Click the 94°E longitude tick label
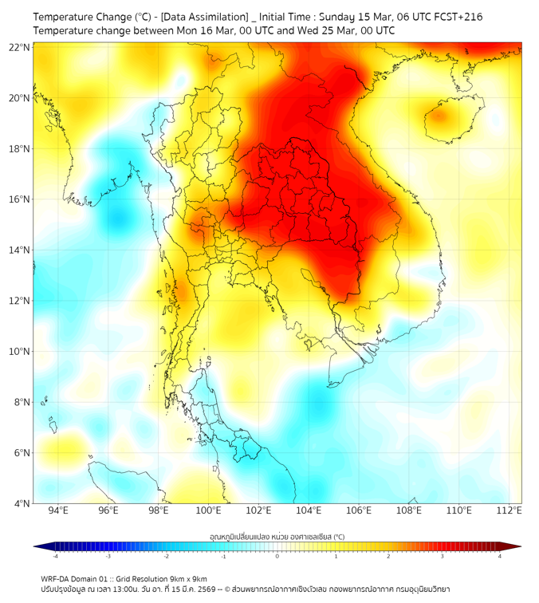[x=58, y=510]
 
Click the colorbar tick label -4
[x=54, y=556]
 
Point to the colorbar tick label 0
[x=277, y=556]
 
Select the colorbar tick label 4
[x=500, y=556]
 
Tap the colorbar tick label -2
[x=166, y=556]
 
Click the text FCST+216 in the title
[x=458, y=17]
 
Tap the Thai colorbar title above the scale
[x=277, y=537]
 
